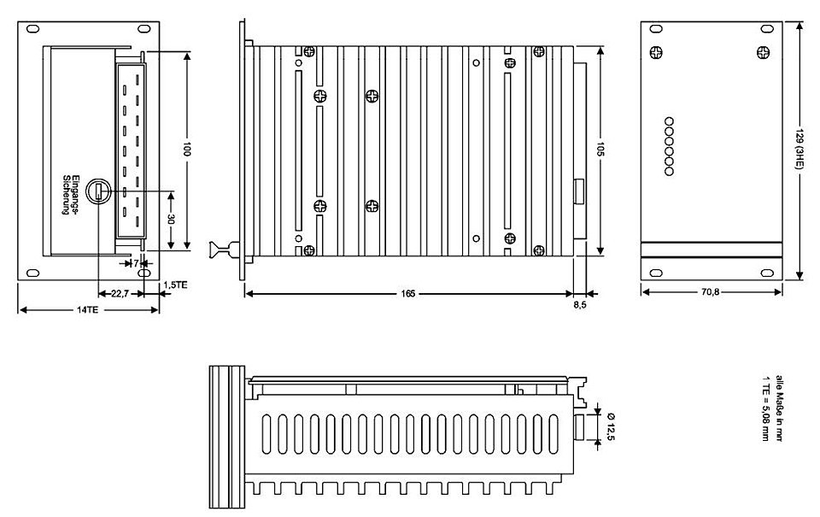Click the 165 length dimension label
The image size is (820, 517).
(408, 294)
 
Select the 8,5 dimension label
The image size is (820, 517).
(580, 304)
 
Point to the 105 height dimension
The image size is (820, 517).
(600, 150)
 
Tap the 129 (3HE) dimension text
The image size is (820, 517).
(799, 150)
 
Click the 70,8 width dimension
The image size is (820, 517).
(710, 291)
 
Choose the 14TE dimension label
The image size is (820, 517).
(87, 309)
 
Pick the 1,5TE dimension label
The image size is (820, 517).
(175, 285)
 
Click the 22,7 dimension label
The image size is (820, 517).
(120, 294)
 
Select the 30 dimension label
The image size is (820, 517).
(171, 219)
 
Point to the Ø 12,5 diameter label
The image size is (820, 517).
(610, 426)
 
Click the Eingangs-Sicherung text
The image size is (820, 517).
(70, 194)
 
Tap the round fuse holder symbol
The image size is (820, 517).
(98, 191)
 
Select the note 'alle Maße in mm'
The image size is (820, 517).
(779, 408)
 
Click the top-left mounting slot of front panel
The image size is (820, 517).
(32, 29)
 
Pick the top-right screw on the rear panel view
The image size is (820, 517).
(763, 52)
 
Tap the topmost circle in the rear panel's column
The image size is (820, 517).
(669, 121)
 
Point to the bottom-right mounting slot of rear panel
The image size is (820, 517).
(766, 273)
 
